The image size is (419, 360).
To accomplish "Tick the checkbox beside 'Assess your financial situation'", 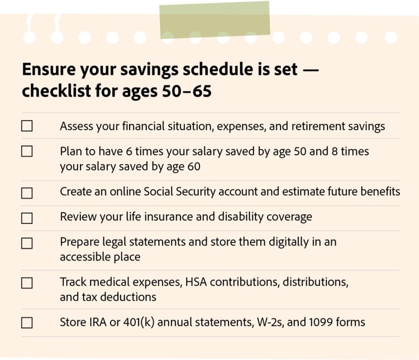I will click(27, 126).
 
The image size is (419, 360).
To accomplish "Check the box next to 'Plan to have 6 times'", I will click(27, 151).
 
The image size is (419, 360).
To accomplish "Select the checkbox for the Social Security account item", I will click(27, 193).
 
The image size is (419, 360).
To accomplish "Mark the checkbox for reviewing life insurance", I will click(27, 218).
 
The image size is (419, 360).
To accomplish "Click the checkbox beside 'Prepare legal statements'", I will click(27, 243).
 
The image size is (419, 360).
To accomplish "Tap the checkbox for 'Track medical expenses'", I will click(27, 283).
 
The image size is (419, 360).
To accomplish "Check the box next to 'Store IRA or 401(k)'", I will click(27, 323).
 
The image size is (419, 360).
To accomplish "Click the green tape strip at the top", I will click(215, 20).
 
